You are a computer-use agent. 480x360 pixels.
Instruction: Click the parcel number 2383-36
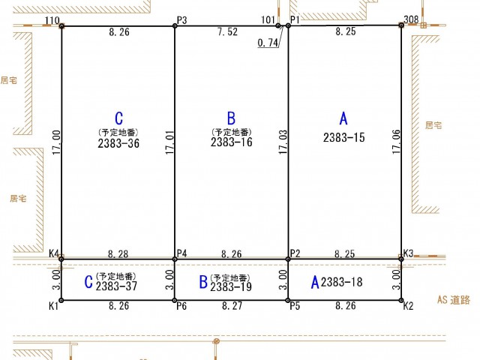click(118, 143)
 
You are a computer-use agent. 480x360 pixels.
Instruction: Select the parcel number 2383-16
click(232, 142)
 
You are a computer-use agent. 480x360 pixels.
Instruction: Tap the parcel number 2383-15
click(344, 137)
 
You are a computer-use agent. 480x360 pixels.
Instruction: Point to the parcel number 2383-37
click(116, 286)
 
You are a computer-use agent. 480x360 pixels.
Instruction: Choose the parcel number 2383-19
click(231, 286)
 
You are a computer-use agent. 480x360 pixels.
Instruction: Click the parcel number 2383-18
click(342, 282)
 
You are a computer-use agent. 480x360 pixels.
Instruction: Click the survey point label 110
click(52, 20)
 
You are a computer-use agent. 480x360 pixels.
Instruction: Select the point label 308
click(411, 19)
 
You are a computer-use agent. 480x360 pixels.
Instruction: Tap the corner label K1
click(53, 306)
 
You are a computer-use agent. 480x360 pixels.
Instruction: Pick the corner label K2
click(408, 306)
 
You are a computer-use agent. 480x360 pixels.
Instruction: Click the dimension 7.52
click(227, 31)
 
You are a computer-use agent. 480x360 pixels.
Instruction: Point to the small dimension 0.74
click(268, 43)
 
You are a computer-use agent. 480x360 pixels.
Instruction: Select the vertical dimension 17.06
click(396, 142)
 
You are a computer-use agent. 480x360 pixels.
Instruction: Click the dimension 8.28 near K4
click(118, 253)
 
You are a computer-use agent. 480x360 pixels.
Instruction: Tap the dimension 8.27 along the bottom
click(232, 305)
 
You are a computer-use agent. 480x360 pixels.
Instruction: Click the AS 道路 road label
click(454, 300)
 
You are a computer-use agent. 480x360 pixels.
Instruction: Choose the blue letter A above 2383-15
click(343, 118)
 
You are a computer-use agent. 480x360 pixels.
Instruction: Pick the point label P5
click(295, 306)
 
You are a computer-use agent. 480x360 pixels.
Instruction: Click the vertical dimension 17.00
click(56, 142)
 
